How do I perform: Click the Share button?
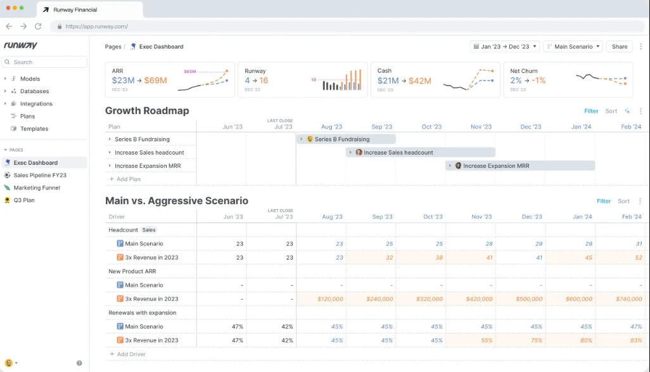tap(620, 46)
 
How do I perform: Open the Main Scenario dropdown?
tap(573, 46)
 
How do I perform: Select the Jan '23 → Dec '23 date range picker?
tap(504, 46)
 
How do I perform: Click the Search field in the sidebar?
tap(44, 62)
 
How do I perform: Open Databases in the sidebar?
tap(34, 91)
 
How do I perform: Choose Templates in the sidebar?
tap(34, 129)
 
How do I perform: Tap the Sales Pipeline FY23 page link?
tap(40, 175)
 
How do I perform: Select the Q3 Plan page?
tap(24, 200)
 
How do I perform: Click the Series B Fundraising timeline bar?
tap(346, 139)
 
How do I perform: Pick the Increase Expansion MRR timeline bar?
tap(520, 165)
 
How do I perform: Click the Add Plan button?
tap(125, 179)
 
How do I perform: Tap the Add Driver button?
tap(127, 354)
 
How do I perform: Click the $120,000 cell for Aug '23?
tap(330, 298)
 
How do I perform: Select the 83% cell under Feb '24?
tap(636, 340)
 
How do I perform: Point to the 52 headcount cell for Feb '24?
tap(639, 257)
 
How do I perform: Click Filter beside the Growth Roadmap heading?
tap(591, 111)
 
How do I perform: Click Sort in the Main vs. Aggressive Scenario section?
tap(623, 201)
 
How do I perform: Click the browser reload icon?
tap(38, 26)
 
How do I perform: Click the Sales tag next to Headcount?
tap(149, 230)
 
